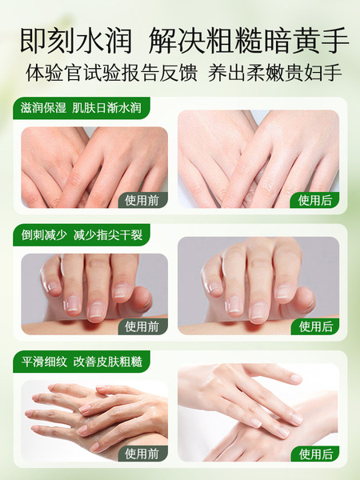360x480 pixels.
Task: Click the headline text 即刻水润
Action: [76, 41]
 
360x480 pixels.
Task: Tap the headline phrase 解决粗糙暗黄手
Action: [249, 41]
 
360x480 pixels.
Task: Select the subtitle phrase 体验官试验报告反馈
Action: [111, 73]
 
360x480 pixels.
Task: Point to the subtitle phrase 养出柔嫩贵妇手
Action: [275, 73]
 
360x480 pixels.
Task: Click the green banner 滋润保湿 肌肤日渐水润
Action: [81, 108]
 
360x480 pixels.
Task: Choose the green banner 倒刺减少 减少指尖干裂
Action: [81, 234]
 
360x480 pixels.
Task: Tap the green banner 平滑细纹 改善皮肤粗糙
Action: [81, 362]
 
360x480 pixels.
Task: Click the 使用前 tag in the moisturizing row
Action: [143, 200]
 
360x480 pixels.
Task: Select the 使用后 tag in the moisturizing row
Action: [314, 200]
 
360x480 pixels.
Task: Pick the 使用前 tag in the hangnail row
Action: [143, 326]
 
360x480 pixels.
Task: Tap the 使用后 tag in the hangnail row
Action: [314, 326]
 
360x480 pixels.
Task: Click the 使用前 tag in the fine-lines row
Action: [143, 454]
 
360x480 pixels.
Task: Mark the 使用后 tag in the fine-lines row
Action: [314, 454]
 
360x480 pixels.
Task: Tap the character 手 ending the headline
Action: [335, 41]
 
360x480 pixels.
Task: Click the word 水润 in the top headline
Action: [104, 41]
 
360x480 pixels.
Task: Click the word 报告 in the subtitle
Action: [140, 73]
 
